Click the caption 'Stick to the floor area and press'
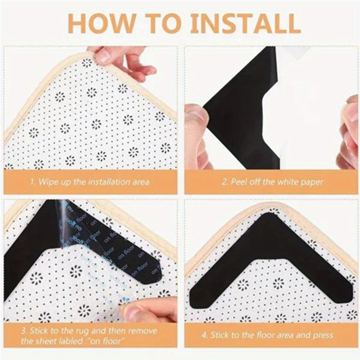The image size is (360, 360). point(272,335)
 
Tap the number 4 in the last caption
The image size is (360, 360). point(204,335)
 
